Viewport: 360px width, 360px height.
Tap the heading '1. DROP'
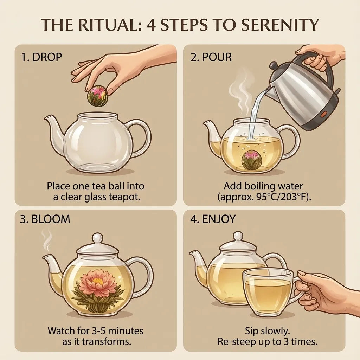(41, 57)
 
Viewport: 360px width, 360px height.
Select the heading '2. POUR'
(211, 57)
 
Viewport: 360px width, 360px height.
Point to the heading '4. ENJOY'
(213, 219)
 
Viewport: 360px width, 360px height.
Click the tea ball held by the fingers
(97, 96)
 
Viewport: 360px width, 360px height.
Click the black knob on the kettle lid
(274, 65)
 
